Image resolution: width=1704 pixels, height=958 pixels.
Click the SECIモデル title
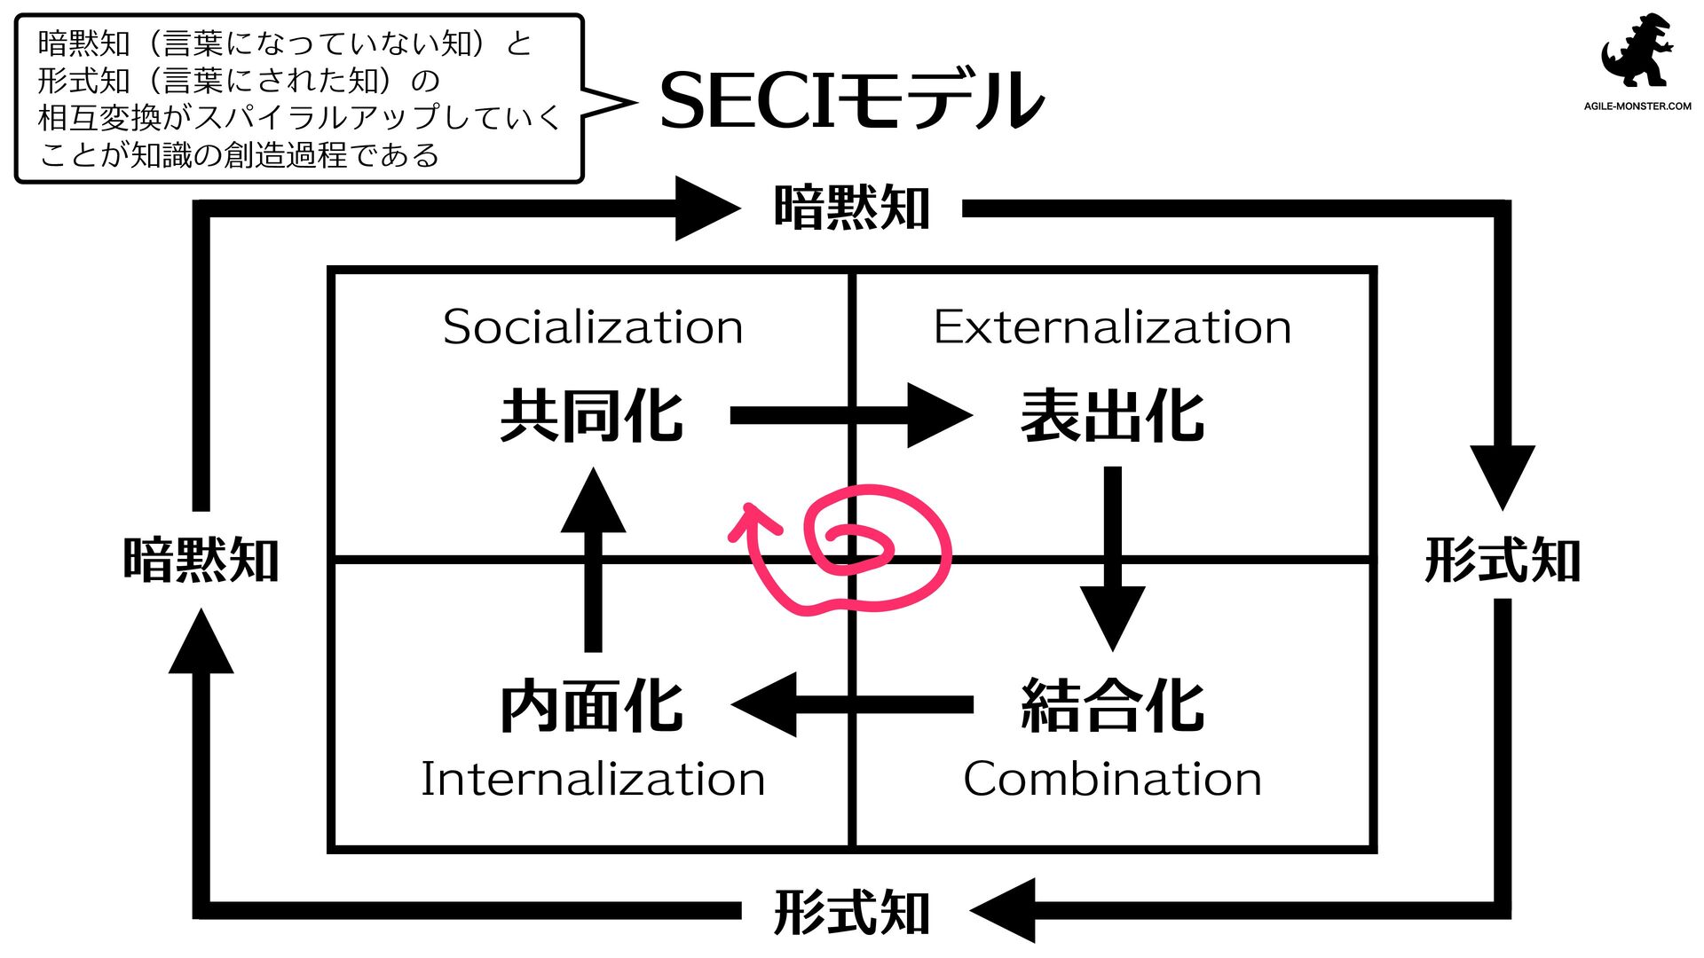851,100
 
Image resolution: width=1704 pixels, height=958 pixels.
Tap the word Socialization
593,327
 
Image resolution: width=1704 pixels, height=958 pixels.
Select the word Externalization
1112,327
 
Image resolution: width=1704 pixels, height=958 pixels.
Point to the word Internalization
593,779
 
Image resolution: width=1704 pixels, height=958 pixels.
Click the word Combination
1112,779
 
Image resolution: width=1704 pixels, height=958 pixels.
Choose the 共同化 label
592,416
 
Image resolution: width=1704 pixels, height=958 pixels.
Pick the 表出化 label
1112,416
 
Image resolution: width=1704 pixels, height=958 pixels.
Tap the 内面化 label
592,706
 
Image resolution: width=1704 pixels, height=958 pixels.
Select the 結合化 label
1112,706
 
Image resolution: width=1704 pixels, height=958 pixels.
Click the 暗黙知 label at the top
851,208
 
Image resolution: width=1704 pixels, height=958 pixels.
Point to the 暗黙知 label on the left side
201,561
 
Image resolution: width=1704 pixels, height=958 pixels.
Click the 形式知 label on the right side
1503,561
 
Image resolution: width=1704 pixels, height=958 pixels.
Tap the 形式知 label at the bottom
851,912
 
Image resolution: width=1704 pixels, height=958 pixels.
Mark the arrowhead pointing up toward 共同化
593,502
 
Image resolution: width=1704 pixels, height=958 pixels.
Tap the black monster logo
1637,51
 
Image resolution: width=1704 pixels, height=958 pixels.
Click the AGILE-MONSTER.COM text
1637,106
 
